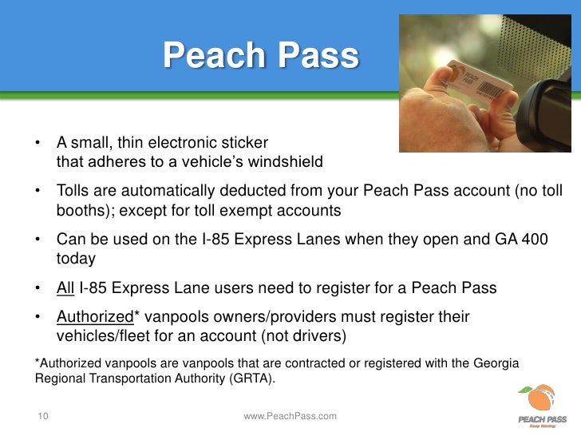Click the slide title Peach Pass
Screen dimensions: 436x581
tap(261, 56)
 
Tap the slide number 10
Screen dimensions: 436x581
tap(42, 415)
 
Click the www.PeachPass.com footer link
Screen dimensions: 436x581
tap(290, 416)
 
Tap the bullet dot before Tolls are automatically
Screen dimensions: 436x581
tap(38, 192)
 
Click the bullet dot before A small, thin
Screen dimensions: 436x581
tap(38, 144)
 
